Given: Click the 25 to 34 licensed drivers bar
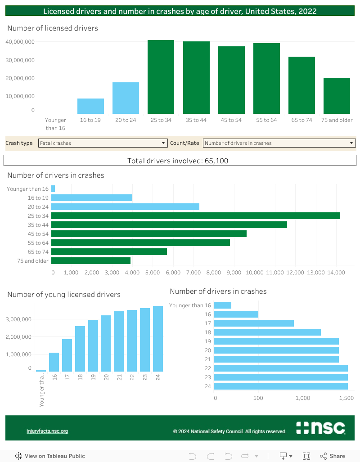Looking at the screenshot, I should pyautogui.click(x=161, y=77).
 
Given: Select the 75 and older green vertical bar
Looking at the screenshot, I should pyautogui.click(x=337, y=96).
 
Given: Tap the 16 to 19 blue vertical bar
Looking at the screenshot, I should pyautogui.click(x=90, y=106).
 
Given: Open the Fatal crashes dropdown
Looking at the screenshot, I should pyautogui.click(x=103, y=143).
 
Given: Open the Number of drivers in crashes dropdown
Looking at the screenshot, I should pyautogui.click(x=279, y=143).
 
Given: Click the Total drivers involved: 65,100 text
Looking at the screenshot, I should pyautogui.click(x=180, y=161).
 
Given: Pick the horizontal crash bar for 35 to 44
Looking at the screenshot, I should pyautogui.click(x=169, y=224).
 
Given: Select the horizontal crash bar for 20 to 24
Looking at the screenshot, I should pyautogui.click(x=125, y=206).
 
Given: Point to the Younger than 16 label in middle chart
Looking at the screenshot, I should pyautogui.click(x=27, y=189).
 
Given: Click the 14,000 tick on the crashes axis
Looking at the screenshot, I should pyautogui.click(x=336, y=273).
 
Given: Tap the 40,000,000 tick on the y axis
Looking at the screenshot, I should pyautogui.click(x=20, y=42).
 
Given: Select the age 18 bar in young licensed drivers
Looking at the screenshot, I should pyautogui.click(x=80, y=349).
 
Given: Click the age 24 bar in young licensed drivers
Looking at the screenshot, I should pyautogui.click(x=157, y=339).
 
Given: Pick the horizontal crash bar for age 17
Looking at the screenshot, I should pyautogui.click(x=253, y=323).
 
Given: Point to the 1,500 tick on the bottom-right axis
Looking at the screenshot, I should pyautogui.click(x=346, y=398).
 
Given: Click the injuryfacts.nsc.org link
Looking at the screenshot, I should pyautogui.click(x=47, y=431).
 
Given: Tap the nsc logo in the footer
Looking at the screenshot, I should pyautogui.click(x=320, y=428).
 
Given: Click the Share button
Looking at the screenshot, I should pyautogui.click(x=333, y=456).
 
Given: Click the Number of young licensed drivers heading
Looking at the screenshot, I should pyautogui.click(x=64, y=295).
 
